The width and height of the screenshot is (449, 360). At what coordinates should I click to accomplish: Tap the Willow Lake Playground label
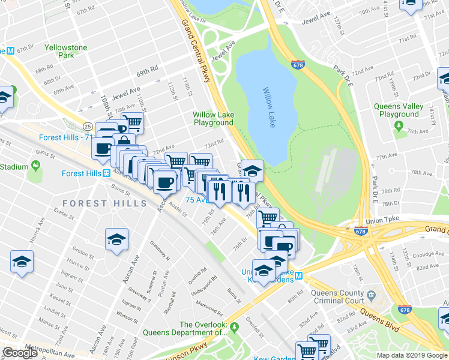[212, 118]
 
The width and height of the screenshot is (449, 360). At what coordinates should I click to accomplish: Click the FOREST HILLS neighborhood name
[104, 203]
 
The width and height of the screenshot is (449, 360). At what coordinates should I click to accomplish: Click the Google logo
[20, 353]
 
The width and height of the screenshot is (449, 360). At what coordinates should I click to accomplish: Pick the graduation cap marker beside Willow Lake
[252, 170]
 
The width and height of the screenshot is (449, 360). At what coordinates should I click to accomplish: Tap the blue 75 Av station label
[197, 200]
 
